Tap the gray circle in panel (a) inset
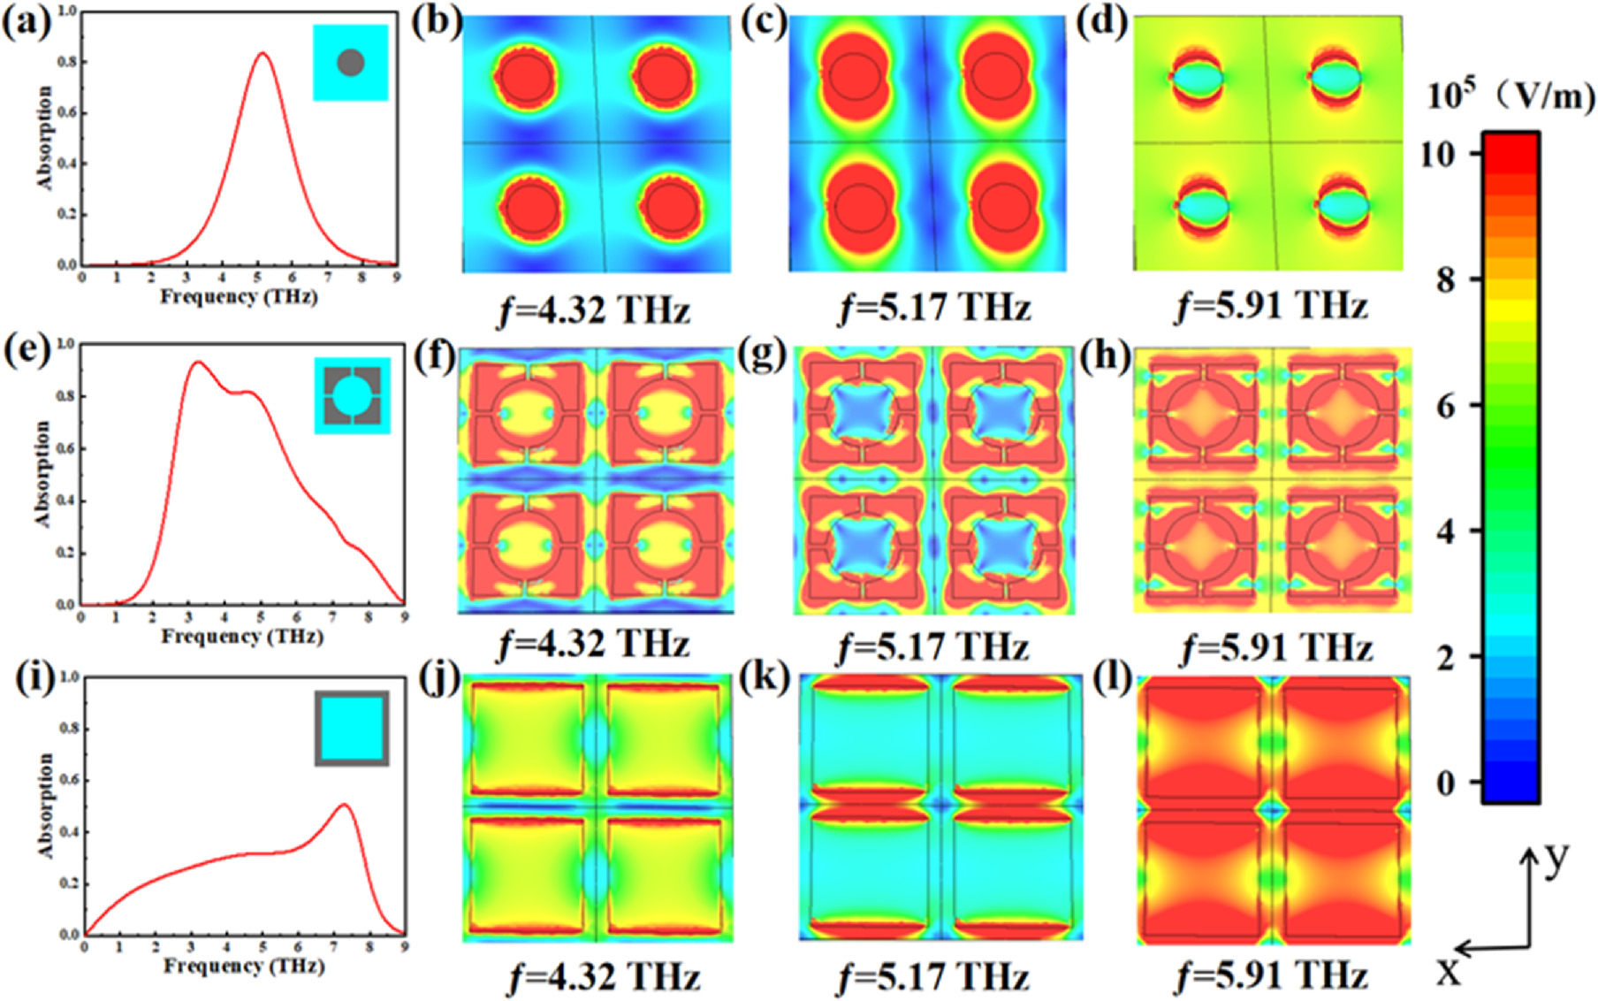(x=351, y=63)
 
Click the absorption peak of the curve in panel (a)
(x=262, y=53)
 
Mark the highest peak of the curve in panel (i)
(x=344, y=805)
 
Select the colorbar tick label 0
(x=1446, y=783)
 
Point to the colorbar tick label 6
(x=1446, y=406)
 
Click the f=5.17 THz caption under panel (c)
(x=934, y=308)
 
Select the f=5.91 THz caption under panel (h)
(x=1276, y=647)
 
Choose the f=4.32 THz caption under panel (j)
(x=605, y=977)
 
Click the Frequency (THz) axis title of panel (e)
(x=241, y=636)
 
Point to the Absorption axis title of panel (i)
(x=44, y=805)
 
